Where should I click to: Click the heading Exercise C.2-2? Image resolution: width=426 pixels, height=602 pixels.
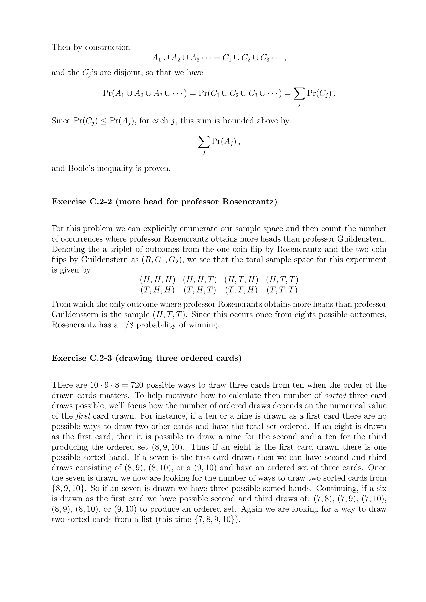coord(164,202)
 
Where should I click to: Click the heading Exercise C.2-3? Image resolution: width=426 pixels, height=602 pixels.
coord(146,358)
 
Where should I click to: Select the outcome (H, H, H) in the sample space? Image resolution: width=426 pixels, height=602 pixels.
coord(157,280)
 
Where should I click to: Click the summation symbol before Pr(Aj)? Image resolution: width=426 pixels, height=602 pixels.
coord(204,142)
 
